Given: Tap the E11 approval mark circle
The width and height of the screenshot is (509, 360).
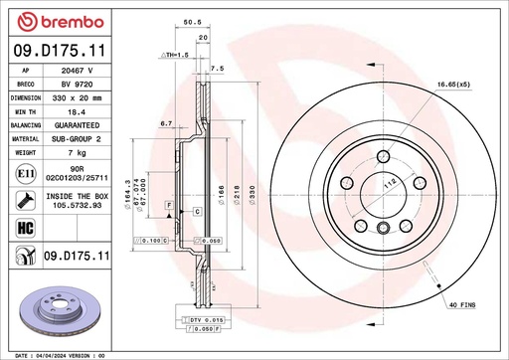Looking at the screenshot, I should coord(23,174).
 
